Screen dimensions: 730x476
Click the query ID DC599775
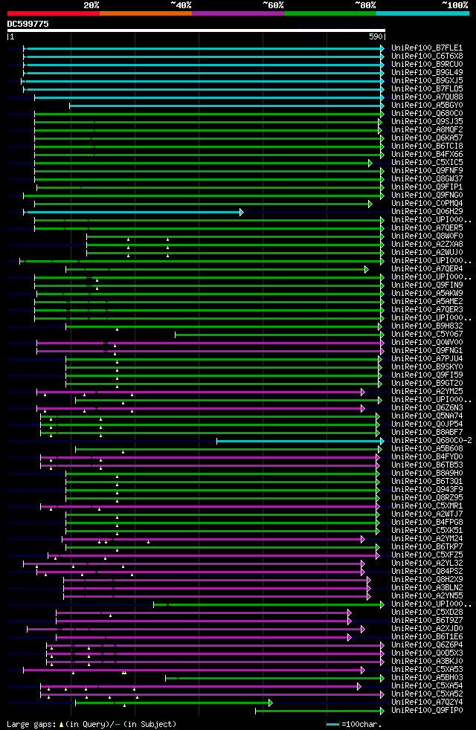28,24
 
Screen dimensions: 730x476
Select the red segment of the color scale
53,13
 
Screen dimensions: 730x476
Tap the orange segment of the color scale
145,13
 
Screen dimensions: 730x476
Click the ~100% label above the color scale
454,4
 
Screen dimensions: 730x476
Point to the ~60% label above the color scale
272,4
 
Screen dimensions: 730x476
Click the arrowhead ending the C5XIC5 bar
370,163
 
